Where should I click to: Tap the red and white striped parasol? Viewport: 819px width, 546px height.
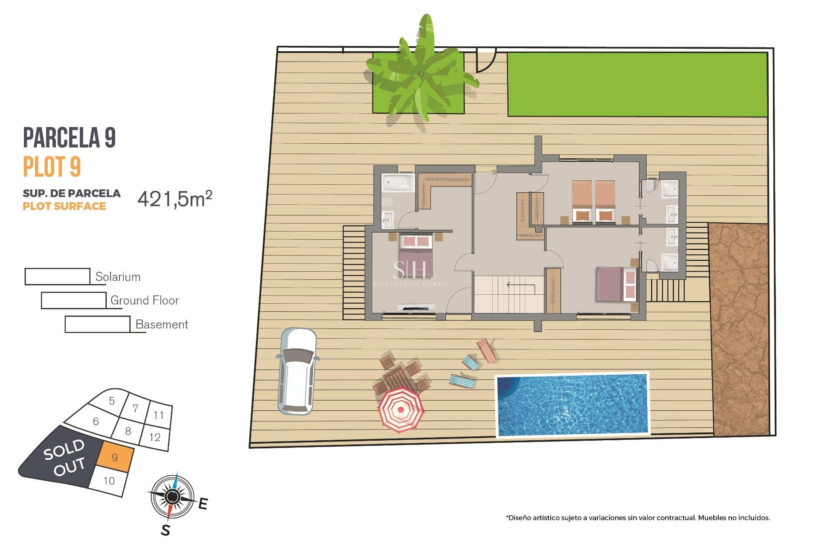pyautogui.click(x=400, y=409)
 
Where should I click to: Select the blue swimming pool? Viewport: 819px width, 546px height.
pyautogui.click(x=572, y=404)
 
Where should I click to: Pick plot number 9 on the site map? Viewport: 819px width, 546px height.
pyautogui.click(x=115, y=457)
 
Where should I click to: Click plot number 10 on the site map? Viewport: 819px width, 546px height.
pyautogui.click(x=109, y=481)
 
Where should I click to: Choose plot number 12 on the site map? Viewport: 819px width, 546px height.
pyautogui.click(x=155, y=437)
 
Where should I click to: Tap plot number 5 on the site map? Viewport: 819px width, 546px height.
pyautogui.click(x=112, y=401)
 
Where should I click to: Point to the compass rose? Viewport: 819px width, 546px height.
pyautogui.click(x=172, y=496)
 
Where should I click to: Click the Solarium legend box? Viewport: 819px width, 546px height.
pyautogui.click(x=57, y=276)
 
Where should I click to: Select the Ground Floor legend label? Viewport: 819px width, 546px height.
pyautogui.click(x=145, y=300)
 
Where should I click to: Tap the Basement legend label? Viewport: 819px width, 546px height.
pyautogui.click(x=162, y=324)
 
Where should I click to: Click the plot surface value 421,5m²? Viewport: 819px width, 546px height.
pyautogui.click(x=174, y=199)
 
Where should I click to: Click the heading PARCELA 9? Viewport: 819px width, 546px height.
pyautogui.click(x=69, y=137)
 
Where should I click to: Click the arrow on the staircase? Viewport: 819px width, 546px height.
pyautogui.click(x=520, y=285)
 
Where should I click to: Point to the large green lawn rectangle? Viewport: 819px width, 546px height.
pyautogui.click(x=637, y=84)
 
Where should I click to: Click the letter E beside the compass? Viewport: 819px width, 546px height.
pyautogui.click(x=203, y=504)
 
